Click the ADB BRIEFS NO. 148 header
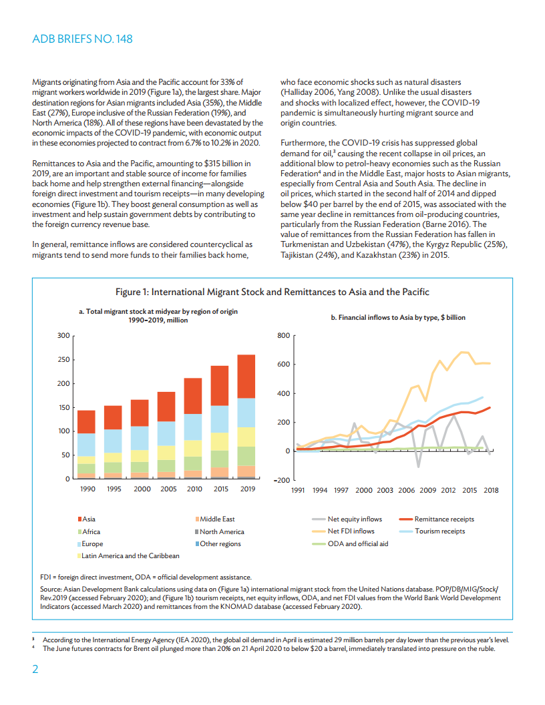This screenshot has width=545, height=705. point(82,39)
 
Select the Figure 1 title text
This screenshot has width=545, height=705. point(272,292)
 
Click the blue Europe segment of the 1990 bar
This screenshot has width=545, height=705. point(86,445)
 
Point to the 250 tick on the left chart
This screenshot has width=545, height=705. point(64,360)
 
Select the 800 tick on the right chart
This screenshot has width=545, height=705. point(282,335)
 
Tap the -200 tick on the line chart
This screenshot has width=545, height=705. point(281,480)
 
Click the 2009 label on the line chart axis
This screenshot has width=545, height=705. point(427,489)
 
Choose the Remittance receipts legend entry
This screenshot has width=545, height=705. point(444,519)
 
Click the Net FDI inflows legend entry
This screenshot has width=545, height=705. point(351,531)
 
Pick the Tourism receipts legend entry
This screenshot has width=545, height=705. point(439,531)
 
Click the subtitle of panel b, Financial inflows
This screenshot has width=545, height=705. point(398,318)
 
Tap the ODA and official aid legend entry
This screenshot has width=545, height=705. point(357,543)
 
